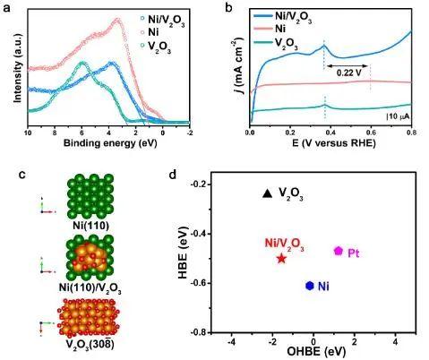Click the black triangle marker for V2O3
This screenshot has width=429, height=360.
266,193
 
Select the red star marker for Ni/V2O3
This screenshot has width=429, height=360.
282,258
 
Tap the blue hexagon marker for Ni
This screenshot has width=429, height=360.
309,286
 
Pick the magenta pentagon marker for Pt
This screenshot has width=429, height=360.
339,252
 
